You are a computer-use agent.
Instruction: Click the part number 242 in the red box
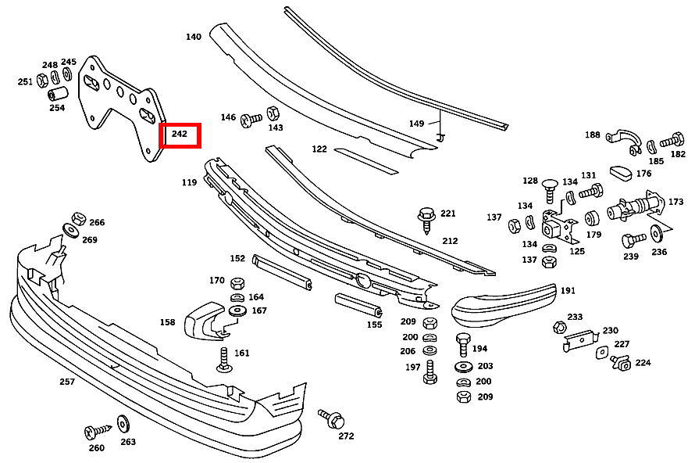point(180,135)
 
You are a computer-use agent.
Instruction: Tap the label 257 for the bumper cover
point(67,382)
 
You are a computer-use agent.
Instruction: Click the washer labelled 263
point(123,423)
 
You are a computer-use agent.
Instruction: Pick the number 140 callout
point(194,37)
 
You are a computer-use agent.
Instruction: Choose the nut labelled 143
point(273,113)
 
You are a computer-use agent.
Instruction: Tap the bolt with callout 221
point(426,216)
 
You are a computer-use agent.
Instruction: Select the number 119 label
point(190,183)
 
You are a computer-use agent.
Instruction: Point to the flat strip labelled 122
point(365,159)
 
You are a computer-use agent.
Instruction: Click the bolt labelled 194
point(462,344)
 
